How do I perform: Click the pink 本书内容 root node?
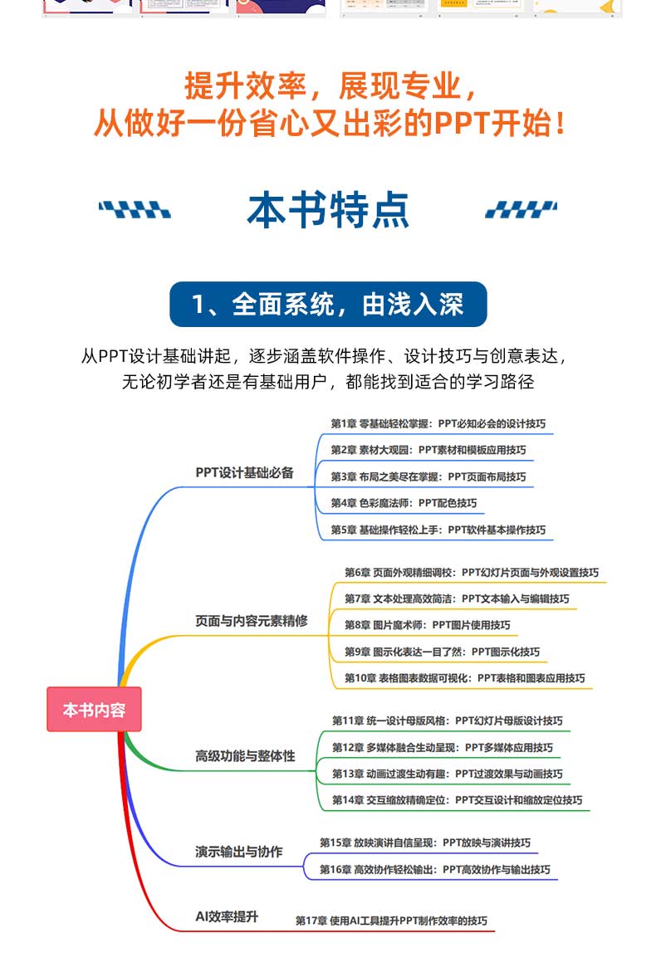(94, 710)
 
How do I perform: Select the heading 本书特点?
(328, 210)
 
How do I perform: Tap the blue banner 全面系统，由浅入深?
(328, 305)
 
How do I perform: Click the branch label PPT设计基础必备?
(245, 472)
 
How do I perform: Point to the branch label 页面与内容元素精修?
(252, 620)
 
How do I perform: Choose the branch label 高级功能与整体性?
(245, 756)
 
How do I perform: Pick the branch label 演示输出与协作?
(239, 852)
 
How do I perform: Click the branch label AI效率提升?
(227, 916)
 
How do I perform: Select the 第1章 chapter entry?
(438, 423)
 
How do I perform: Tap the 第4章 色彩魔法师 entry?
(404, 503)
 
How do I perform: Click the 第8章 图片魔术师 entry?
(428, 625)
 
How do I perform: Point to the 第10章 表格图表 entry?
(464, 678)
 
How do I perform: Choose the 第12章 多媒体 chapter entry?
(443, 747)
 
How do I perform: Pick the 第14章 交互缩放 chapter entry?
(457, 800)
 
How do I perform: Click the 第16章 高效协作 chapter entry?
(435, 869)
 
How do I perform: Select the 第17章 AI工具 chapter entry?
(391, 921)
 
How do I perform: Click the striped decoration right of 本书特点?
(521, 210)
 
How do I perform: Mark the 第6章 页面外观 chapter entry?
(472, 572)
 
